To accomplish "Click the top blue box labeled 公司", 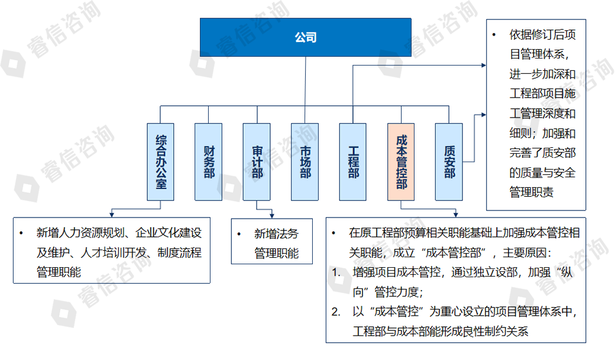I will [306, 37].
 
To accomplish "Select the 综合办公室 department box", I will [160, 161].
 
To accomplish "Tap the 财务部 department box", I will [209, 161].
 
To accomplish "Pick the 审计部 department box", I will [257, 161].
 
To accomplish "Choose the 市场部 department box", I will [305, 161].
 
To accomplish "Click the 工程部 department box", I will [353, 161].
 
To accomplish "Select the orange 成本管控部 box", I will [402, 161].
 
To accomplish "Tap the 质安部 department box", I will [449, 161].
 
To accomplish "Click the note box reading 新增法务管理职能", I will [271, 242].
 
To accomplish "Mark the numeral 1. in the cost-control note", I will [336, 273].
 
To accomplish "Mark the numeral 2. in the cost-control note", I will [336, 312].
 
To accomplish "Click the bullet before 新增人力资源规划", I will [21, 232].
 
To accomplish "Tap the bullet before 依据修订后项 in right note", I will [494, 35].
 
